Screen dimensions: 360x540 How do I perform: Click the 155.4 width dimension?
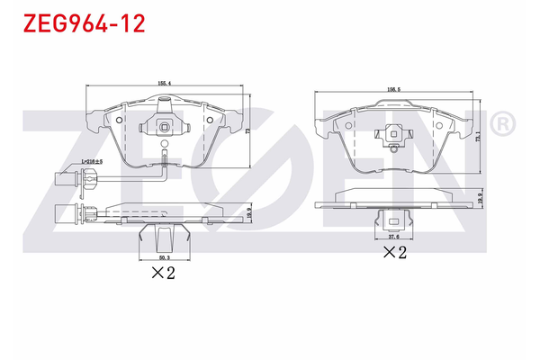[x=164, y=83]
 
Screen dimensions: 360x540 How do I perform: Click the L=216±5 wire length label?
[x=92, y=161]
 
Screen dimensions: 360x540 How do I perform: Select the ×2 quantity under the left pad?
[x=162, y=273]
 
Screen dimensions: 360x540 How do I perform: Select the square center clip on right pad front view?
[x=392, y=136]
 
